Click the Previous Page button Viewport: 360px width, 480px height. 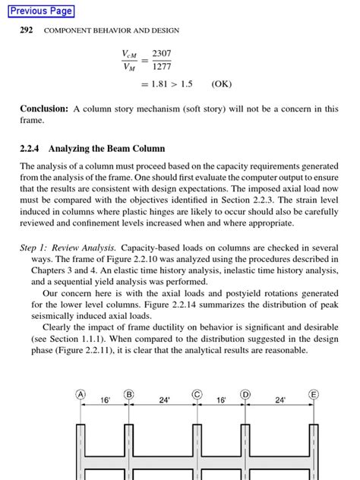coord(42,11)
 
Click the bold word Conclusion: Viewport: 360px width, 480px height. coord(45,109)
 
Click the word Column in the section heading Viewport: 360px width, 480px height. coord(147,148)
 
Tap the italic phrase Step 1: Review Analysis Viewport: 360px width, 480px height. coord(68,248)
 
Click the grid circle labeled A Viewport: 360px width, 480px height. coord(81,394)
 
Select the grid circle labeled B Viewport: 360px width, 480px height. coord(129,394)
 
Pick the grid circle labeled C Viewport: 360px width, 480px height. coord(197,394)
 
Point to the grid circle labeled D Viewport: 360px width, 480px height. coord(245,394)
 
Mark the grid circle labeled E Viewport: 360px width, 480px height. coord(313,394)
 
